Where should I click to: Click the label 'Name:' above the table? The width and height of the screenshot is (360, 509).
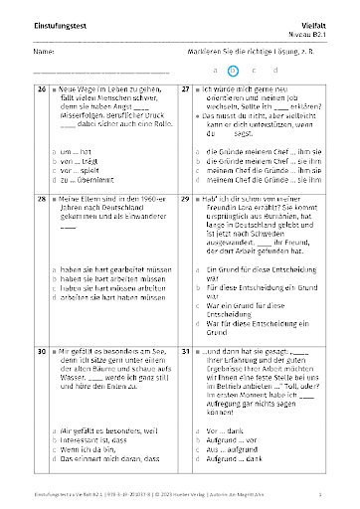pyautogui.click(x=42, y=51)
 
